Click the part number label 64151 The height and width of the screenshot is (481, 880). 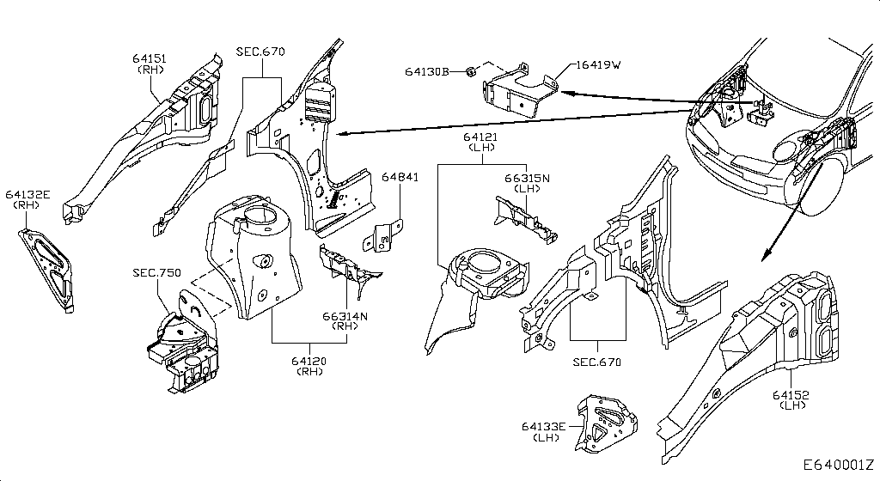coord(150,58)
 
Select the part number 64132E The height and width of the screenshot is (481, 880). coord(29,195)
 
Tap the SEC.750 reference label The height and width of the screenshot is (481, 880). coord(156,272)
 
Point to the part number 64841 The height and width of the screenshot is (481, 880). coord(400,177)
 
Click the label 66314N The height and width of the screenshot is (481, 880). coord(345,316)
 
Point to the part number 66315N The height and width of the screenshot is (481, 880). coord(527,177)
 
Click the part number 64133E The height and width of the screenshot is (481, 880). coord(544,426)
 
